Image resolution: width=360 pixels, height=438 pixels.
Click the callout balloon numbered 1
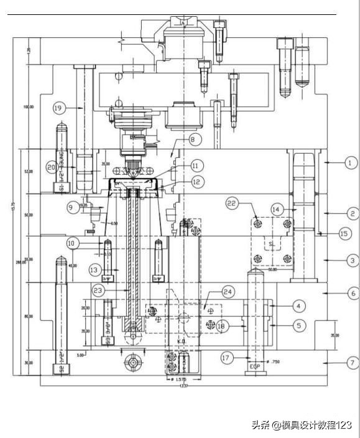(x=349, y=163)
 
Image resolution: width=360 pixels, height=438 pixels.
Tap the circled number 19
(x=59, y=108)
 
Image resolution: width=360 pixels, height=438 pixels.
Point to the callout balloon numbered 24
(x=228, y=291)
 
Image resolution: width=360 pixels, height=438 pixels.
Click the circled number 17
(x=226, y=358)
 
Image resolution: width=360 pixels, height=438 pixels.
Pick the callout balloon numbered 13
(x=94, y=269)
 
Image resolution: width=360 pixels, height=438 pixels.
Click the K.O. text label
(x=182, y=342)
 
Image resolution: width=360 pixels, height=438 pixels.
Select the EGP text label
(x=255, y=366)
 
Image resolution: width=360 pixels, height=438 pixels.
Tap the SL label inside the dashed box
(x=271, y=243)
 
